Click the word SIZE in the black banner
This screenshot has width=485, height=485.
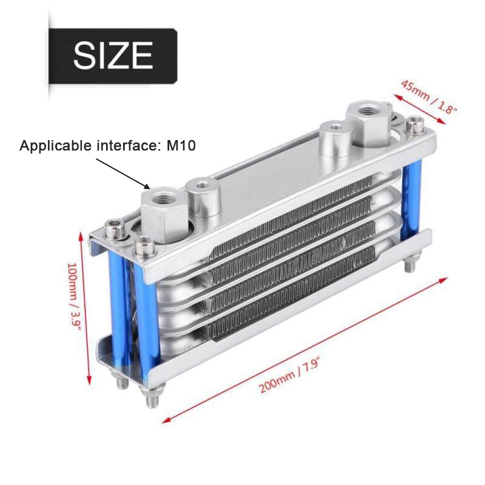point(113,55)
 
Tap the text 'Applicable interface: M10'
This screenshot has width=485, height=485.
point(108,145)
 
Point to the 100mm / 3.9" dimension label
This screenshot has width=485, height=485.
point(74,297)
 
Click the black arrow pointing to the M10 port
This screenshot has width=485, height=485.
point(123,173)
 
